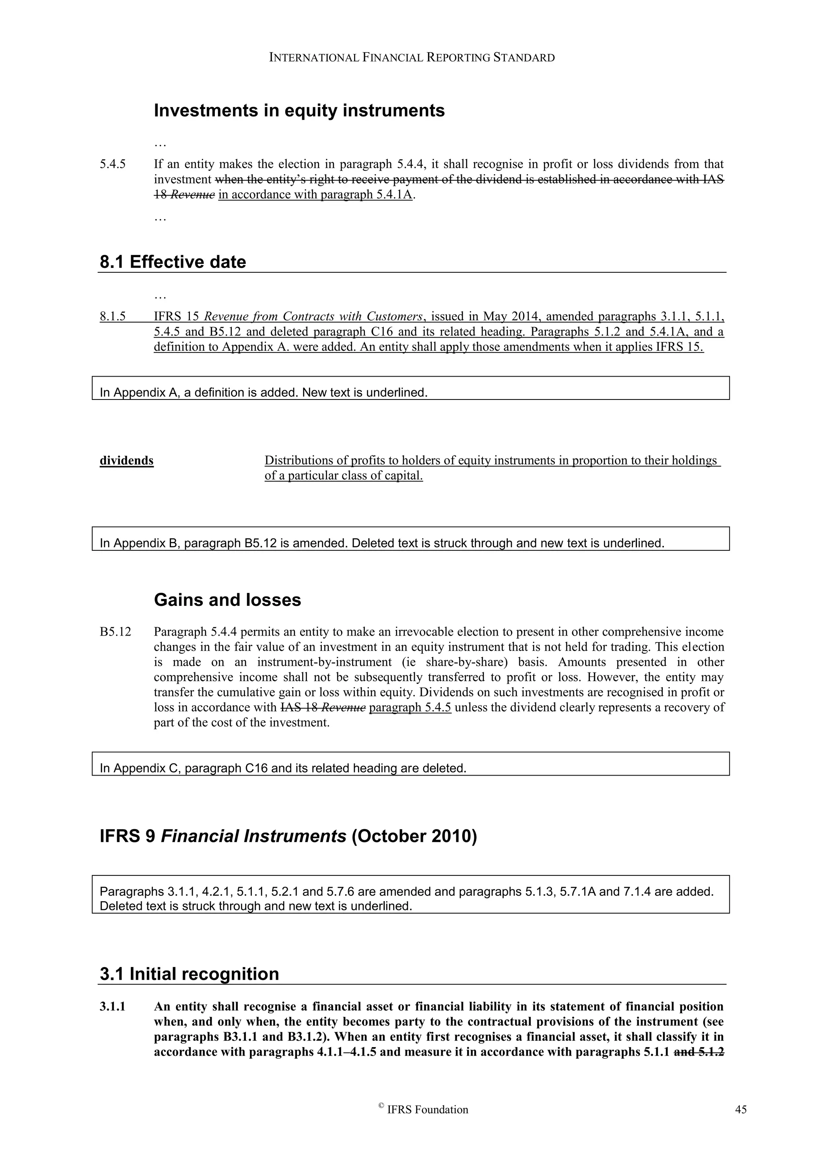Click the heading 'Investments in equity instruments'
[299, 111]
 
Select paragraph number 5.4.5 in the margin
[113, 165]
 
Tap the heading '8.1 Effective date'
[173, 262]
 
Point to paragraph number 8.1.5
[113, 317]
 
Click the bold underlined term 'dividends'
[126, 461]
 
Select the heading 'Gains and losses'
[227, 600]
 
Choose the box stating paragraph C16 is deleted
[410, 768]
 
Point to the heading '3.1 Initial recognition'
[189, 974]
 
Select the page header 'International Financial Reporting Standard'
[412, 58]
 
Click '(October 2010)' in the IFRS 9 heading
[414, 836]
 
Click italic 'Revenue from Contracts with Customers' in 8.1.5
[313, 317]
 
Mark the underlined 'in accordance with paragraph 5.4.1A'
[315, 195]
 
